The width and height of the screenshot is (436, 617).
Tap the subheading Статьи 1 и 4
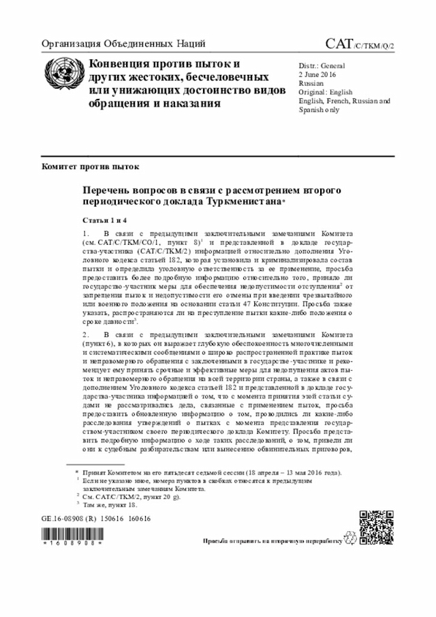click(106, 222)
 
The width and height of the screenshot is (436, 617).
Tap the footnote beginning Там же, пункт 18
click(109, 505)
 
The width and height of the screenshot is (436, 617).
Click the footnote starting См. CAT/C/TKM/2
click(129, 498)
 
